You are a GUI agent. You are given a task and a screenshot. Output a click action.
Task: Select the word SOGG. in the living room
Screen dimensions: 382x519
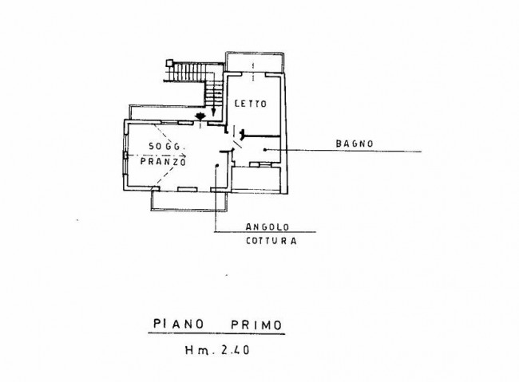point(164,146)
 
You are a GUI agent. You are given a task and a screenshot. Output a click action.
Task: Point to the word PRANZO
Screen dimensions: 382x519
point(162,161)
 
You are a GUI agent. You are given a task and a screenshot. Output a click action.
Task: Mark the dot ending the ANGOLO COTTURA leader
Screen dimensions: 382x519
point(218,165)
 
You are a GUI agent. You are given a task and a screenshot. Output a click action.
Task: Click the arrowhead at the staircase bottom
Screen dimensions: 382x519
point(213,113)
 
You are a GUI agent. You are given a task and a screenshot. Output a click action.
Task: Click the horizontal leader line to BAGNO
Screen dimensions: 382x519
point(343,150)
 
